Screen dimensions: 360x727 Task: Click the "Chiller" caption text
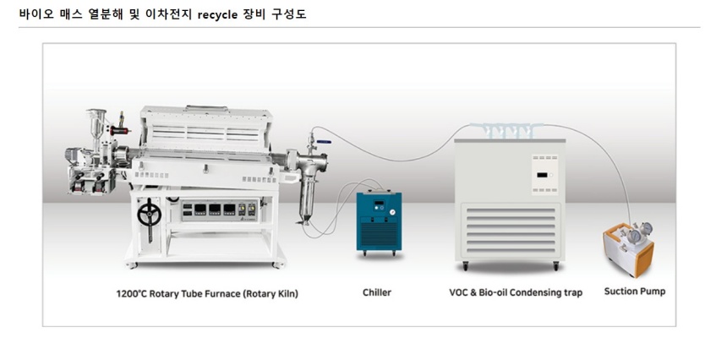[376, 292]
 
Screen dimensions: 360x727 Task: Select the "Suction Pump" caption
[634, 292]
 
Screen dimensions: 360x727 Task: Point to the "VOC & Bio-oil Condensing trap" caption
[515, 293]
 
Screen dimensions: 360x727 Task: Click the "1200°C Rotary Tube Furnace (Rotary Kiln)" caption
[207, 294]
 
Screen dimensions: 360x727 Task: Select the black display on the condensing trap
[541, 174]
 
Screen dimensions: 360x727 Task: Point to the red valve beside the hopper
[123, 132]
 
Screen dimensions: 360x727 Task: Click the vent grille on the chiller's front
[375, 233]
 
